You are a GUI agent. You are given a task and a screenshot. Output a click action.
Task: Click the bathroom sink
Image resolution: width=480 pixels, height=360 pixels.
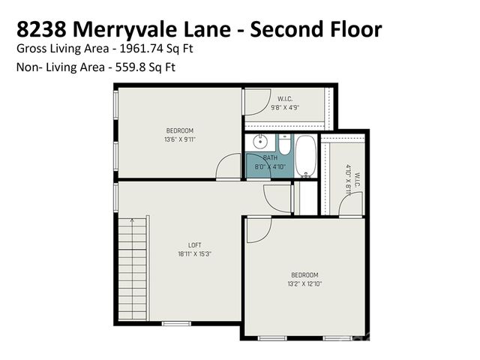pos(260,142)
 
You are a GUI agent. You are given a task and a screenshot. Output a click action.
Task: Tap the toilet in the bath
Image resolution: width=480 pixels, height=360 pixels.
pos(285,145)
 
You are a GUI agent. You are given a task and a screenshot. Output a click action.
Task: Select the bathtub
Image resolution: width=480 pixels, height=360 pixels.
pos(305,155)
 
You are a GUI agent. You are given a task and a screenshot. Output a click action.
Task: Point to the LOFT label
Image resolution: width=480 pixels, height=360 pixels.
pos(193,245)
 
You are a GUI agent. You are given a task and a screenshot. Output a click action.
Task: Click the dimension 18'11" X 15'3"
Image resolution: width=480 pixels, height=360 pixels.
pos(193,254)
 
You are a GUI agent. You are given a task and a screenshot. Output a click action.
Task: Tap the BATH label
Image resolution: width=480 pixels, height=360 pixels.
pos(270,158)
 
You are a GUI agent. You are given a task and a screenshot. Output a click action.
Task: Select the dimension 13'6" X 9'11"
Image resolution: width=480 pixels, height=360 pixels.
pos(179,139)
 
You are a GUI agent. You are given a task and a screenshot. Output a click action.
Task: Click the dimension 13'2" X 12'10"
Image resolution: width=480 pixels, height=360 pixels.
pos(304,284)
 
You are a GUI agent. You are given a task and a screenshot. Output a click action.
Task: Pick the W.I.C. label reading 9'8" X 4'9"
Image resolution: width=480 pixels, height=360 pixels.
pos(284,107)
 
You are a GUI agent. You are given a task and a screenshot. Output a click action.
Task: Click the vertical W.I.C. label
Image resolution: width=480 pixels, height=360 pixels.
pos(358,180)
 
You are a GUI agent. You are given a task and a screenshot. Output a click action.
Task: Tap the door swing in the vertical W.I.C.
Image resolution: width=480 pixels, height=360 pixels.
pos(351,205)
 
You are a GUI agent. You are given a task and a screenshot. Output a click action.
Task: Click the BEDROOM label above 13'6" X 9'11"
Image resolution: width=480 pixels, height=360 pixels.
pos(179,130)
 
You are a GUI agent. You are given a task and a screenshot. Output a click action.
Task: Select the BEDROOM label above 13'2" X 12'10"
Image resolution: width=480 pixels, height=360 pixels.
pos(304,275)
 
